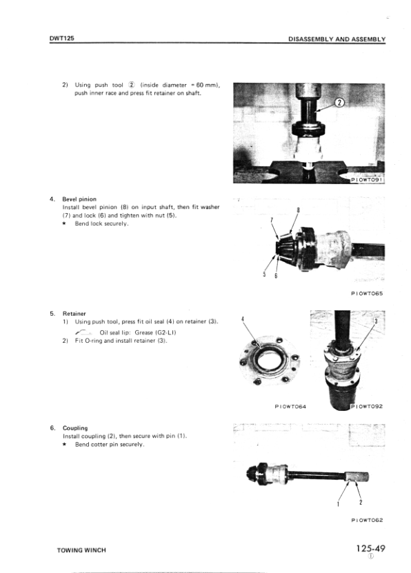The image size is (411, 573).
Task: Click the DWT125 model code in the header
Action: pos(62,38)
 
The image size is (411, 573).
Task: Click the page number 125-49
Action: pos(371,548)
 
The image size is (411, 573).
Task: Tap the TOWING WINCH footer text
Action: pos(81,550)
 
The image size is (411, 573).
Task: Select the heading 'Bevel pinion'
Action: pos(79,199)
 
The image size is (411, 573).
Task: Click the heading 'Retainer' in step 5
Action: pos(74,314)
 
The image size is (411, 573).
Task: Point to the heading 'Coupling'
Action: pos(75,428)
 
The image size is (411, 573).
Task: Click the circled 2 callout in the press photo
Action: pos(340,103)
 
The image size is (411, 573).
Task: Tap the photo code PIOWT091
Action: pos(366,180)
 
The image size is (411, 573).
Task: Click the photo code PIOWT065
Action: pos(367,294)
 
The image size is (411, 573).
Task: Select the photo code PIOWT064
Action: pos(290,406)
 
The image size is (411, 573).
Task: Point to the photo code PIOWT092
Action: pos(367,406)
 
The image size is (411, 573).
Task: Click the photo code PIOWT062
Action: pos(367,520)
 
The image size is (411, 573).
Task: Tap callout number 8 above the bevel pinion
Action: pos(298,210)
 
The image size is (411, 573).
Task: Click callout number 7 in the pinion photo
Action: pos(272,220)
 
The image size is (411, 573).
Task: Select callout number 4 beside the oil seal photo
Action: pos(243,319)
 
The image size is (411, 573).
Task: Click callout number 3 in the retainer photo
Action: pos(376,321)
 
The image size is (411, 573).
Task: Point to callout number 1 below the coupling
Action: pos(338,504)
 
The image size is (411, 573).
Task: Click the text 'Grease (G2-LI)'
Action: pos(155,332)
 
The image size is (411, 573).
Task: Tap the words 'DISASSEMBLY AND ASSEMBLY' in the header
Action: pos(337,39)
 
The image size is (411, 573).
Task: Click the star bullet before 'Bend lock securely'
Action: pos(64,223)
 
